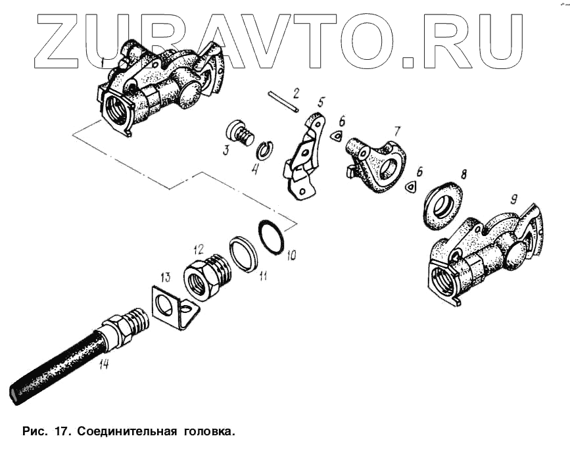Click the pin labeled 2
tap(283, 103)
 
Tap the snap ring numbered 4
tap(264, 150)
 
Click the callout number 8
tap(463, 175)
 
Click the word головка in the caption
tap(207, 432)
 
